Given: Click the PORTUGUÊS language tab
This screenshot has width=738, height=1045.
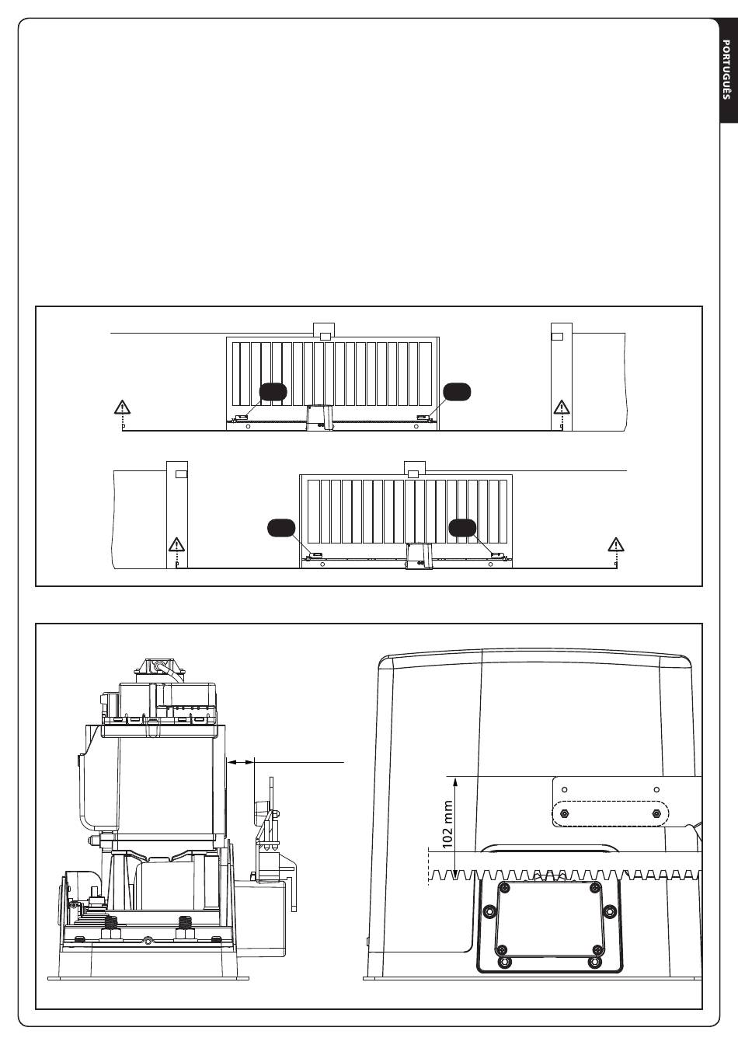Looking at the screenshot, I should tap(726, 69).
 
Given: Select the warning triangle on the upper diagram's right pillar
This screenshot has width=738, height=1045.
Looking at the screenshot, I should tap(561, 407).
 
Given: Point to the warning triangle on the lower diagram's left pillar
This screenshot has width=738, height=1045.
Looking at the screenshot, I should tap(176, 544).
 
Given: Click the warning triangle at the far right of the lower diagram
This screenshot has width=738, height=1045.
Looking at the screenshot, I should tap(615, 544).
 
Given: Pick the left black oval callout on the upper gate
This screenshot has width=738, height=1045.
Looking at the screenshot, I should tap(273, 392).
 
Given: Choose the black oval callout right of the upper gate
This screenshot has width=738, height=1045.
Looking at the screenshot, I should tap(457, 392).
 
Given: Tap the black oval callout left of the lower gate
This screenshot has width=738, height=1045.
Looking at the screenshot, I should tap(280, 527).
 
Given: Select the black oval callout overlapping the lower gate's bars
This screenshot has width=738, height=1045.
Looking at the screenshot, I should tap(463, 527).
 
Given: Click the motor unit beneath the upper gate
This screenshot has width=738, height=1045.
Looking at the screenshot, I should tap(319, 418).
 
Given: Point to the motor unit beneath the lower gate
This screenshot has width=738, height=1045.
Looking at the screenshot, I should tap(419, 555).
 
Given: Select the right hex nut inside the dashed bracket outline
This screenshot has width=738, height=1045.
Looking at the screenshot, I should tap(657, 813).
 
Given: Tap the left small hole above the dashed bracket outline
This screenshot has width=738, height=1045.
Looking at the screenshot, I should tap(565, 790).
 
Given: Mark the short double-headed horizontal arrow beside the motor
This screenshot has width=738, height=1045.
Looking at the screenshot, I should tap(242, 763).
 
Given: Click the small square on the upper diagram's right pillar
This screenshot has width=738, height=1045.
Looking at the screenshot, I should tap(557, 336).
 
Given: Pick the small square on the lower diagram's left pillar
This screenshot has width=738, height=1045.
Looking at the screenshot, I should tap(180, 473).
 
